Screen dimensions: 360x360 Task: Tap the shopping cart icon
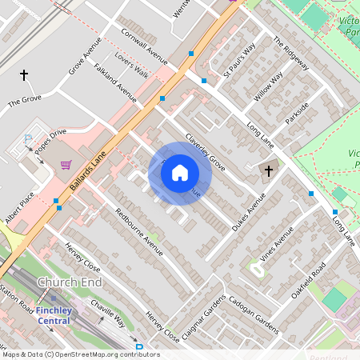pos(66,165)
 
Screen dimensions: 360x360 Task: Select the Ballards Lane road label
pos(87,173)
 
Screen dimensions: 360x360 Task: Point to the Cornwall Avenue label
pos(144,46)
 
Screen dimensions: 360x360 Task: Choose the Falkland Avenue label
pos(115,83)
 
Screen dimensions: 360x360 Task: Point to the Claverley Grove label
pos(206,152)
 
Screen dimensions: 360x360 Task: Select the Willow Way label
pos(269,86)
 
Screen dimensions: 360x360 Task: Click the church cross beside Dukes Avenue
pos(269,170)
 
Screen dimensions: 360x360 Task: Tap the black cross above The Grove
pos(24,75)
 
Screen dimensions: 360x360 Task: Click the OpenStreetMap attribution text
pos(70,354)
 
